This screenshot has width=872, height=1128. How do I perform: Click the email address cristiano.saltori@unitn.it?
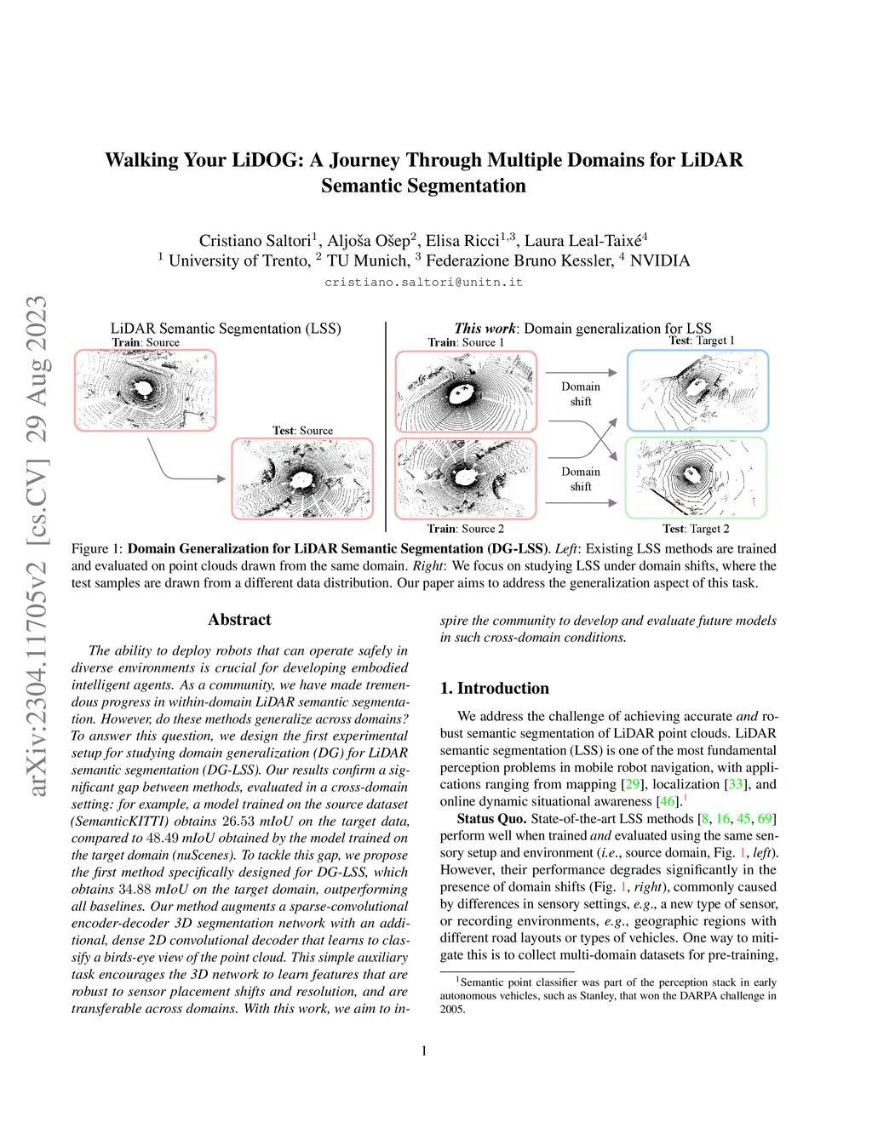423,282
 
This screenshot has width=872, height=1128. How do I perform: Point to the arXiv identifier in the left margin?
37,546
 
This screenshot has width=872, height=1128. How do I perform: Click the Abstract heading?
239,620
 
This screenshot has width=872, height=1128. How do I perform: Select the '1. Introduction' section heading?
494,688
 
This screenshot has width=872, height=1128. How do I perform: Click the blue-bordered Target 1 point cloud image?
697,391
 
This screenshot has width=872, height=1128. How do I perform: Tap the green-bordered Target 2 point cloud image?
696,478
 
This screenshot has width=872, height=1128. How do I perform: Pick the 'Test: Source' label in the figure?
302,431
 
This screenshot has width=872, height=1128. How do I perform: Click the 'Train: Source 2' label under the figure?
465,529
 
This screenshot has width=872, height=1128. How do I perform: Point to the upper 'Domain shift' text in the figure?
581,393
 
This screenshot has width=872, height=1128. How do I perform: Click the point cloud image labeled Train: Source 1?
466,392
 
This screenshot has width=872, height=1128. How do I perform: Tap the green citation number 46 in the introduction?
668,801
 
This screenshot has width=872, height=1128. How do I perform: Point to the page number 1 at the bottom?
424,1051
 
